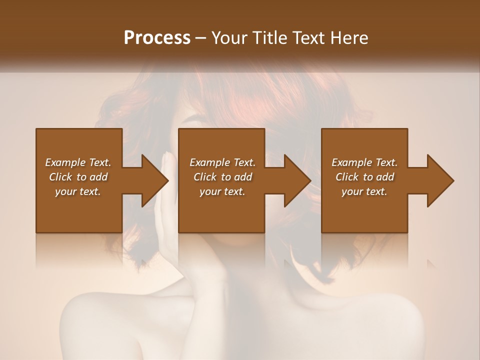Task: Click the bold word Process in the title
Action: coord(157,38)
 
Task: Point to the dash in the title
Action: coord(201,38)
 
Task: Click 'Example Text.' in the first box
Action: coord(78,162)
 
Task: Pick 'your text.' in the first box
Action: coord(78,191)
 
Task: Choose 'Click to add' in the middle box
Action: coord(222,177)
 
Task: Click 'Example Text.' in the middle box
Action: coord(222,162)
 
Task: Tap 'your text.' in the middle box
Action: coord(222,191)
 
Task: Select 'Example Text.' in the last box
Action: coord(364,162)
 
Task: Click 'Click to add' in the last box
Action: coord(364,177)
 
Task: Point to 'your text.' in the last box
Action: coord(364,191)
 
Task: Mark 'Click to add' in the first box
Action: coord(78,177)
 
